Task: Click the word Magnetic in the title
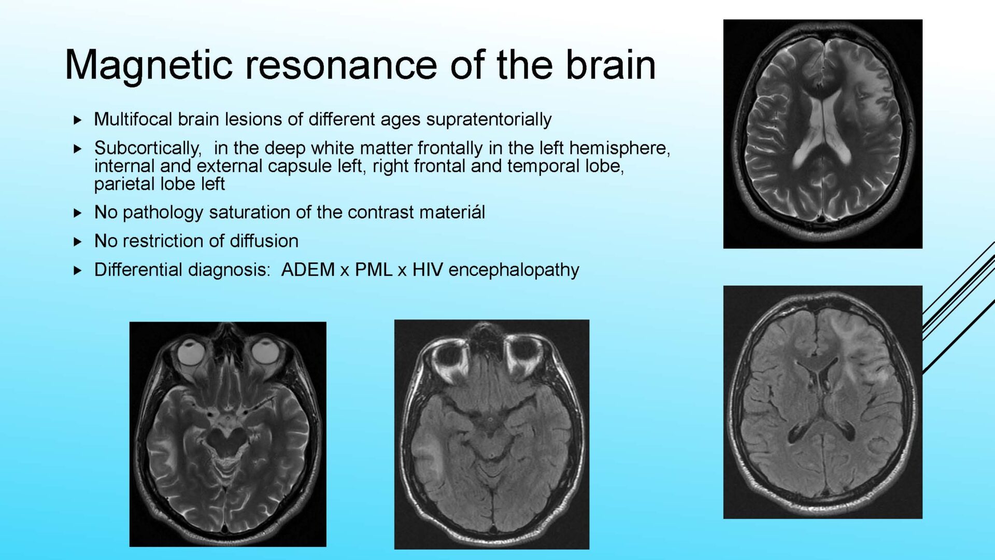tap(149, 66)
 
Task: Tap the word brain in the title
tap(610, 65)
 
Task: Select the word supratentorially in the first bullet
tap(489, 120)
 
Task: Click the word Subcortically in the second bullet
tap(148, 149)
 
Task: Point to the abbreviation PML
tap(373, 270)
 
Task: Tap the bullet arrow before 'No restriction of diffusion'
tap(78, 242)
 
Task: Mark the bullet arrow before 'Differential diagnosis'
tap(78, 270)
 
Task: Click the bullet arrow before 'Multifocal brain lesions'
tap(78, 120)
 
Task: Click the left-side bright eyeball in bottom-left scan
tap(191, 353)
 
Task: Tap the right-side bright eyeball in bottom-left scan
tap(265, 352)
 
